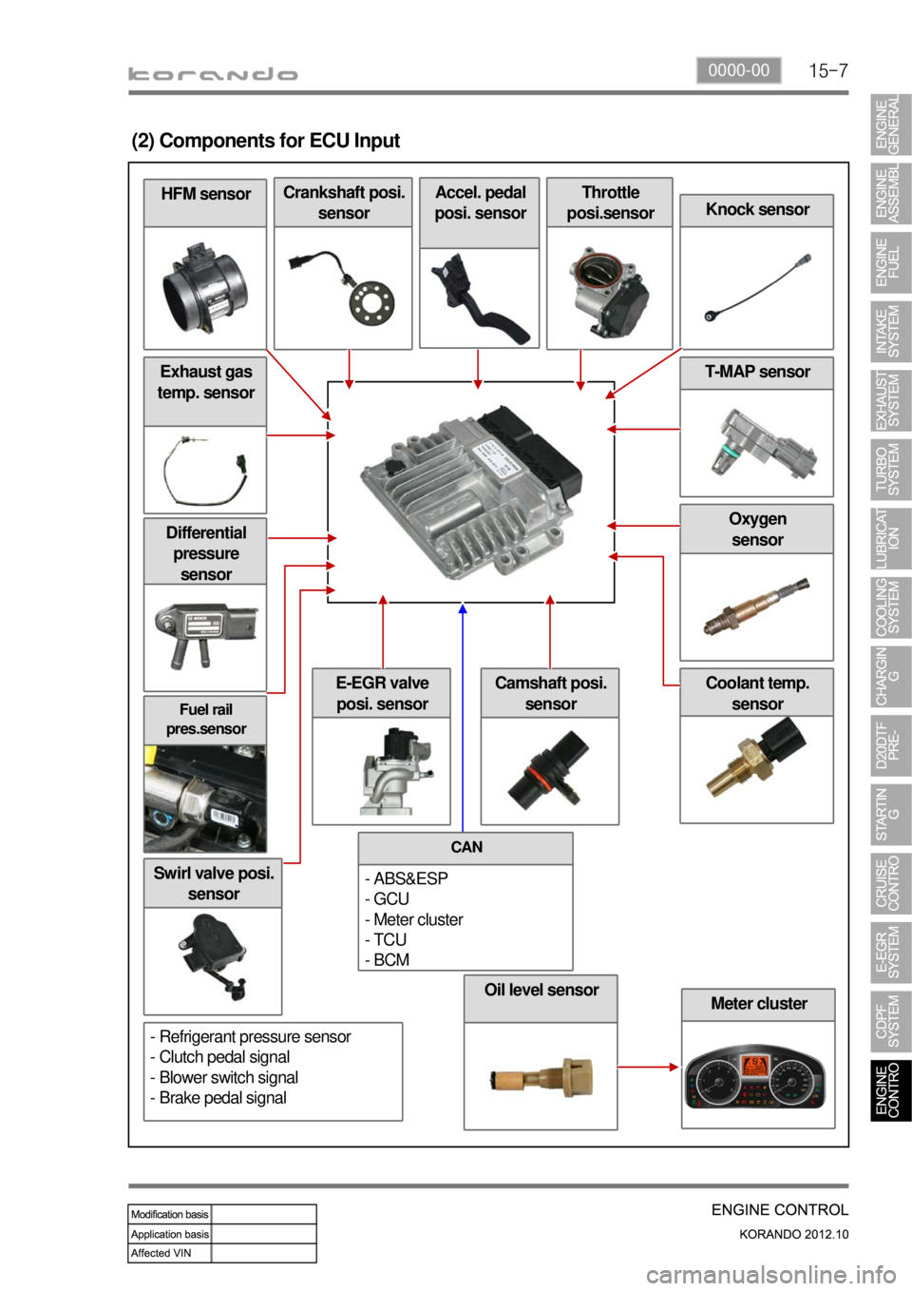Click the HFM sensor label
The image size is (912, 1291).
point(205,194)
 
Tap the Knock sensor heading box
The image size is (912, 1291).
point(757,210)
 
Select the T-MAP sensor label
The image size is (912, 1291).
point(757,373)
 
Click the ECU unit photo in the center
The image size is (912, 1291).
point(470,490)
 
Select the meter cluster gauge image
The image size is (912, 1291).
point(757,1080)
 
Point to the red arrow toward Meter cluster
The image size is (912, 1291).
point(649,1067)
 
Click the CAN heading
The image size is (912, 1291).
point(466,848)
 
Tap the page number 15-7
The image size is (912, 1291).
point(828,71)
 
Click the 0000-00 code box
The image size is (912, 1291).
point(739,70)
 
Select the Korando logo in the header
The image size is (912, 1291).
point(214,74)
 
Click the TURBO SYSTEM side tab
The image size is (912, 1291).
point(890,471)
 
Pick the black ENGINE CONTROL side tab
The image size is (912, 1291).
point(890,1089)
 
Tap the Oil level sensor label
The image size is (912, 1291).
point(541,991)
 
